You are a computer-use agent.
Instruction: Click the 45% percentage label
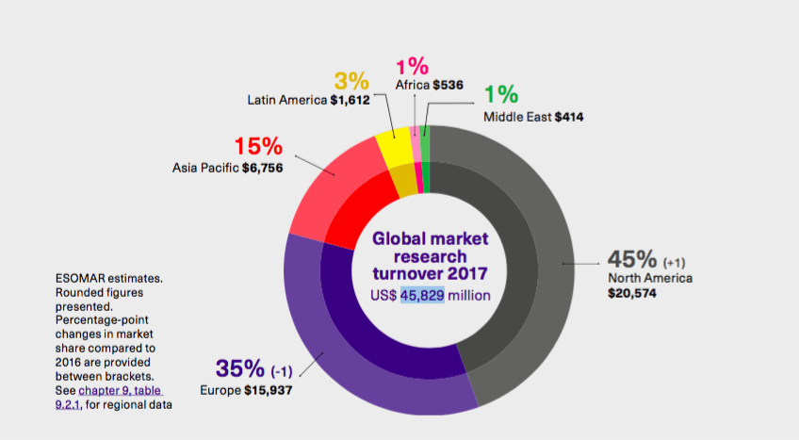(632, 258)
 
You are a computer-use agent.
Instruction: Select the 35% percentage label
(242, 367)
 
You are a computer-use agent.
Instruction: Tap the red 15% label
(258, 146)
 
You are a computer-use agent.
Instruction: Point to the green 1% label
(501, 95)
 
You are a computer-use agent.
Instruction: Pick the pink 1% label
(412, 66)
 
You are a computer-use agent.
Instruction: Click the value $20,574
(632, 294)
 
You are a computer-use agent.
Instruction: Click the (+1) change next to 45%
(677, 261)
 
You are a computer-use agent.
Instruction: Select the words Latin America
(286, 99)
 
